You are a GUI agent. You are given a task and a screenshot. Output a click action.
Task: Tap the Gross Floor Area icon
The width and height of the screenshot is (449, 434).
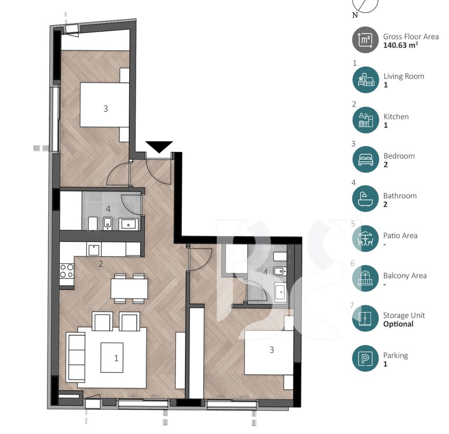(x=365, y=40)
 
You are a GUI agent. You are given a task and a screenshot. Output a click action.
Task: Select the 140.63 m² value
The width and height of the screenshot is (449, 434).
(x=400, y=45)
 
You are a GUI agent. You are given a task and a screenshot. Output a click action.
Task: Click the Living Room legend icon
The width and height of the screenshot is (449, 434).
(x=365, y=80)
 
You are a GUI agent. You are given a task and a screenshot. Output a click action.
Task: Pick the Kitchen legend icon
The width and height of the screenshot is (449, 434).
(x=365, y=120)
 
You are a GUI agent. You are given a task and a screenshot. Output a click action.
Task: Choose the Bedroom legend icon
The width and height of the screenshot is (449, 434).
(x=365, y=160)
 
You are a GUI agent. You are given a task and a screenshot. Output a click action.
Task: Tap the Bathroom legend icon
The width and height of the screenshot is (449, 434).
(x=365, y=199)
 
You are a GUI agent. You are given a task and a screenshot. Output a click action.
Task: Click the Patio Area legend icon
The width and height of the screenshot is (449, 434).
(x=365, y=239)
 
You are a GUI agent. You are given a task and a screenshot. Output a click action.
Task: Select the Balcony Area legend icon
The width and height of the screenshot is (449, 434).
(x=365, y=278)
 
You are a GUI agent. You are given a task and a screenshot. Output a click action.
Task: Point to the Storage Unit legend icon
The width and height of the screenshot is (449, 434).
(x=365, y=318)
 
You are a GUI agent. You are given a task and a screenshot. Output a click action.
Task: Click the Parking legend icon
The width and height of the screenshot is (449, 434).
(x=365, y=359)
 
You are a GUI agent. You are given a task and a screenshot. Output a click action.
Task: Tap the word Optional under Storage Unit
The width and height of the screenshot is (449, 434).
(x=398, y=324)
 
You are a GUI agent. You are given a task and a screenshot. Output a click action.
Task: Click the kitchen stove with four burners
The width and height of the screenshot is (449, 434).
(x=66, y=271)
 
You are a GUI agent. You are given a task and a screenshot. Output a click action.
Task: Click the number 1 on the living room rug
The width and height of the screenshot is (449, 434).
(x=116, y=358)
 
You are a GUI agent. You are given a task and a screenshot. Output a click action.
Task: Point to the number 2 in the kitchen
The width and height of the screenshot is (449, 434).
(x=100, y=264)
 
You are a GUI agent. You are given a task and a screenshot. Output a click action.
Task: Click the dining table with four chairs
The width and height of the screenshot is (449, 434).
(x=129, y=288)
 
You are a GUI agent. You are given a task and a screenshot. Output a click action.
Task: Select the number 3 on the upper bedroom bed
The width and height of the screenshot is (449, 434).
(x=105, y=108)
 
